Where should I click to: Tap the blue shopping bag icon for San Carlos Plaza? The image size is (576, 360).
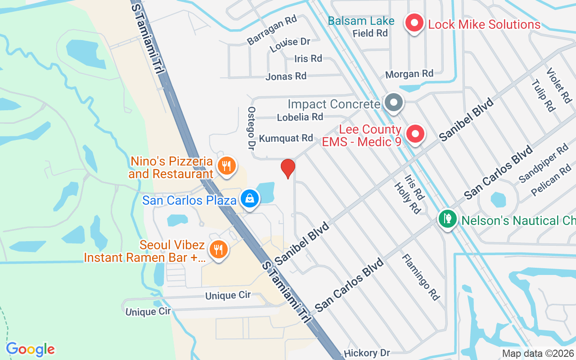click(249, 198)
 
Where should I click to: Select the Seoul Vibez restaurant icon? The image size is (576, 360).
click(218, 249)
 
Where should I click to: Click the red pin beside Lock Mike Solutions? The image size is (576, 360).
click(414, 22)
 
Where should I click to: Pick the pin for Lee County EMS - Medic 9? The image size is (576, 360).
click(415, 134)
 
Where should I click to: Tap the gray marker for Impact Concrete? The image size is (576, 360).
click(394, 102)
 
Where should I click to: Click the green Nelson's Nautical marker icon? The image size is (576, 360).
click(447, 219)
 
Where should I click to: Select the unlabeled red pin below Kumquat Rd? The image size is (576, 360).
click(288, 168)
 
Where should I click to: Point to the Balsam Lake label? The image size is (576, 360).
click(361, 21)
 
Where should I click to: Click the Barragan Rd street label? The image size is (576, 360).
click(272, 30)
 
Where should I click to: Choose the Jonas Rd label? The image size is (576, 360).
click(286, 76)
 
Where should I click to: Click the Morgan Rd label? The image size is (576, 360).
click(409, 73)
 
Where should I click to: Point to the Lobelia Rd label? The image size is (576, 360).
click(300, 117)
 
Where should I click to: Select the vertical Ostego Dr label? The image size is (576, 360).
click(251, 128)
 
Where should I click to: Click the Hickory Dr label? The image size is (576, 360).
click(367, 353)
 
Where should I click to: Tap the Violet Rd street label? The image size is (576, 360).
click(558, 85)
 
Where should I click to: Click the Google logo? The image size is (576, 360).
click(30, 349)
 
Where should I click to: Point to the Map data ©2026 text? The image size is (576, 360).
click(538, 354)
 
